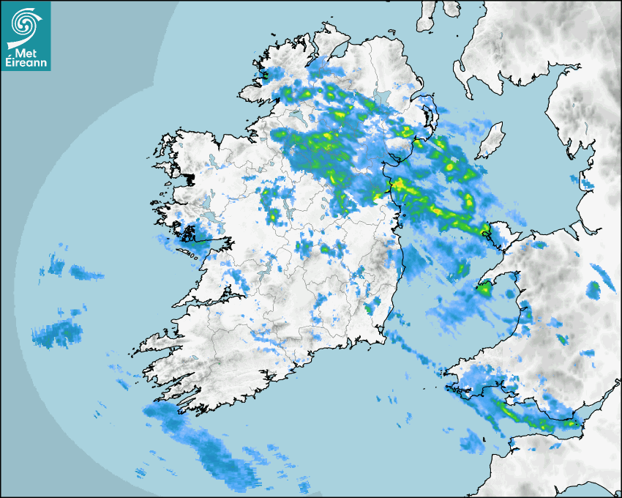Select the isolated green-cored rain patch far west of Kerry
(55, 333)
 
